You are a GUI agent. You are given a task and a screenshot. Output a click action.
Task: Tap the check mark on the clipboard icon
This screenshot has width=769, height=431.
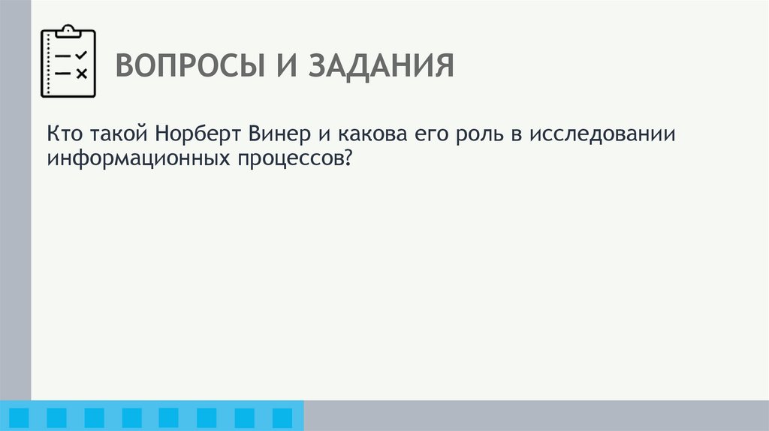click(x=82, y=56)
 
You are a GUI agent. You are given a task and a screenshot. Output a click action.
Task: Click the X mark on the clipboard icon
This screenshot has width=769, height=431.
click(x=82, y=73)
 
